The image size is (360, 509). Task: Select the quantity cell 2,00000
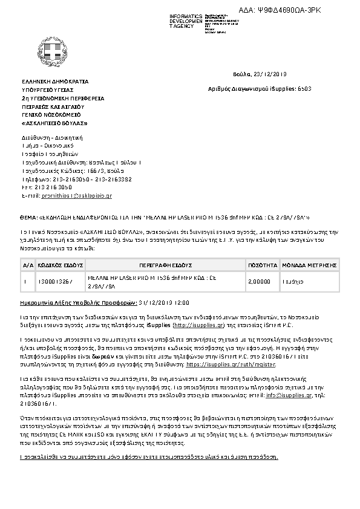point(258,282)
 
